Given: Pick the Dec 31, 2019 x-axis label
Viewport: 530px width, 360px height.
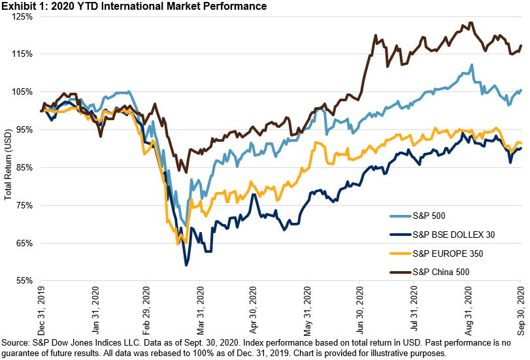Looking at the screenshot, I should coord(41,306).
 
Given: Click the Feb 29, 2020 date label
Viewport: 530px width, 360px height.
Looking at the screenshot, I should coord(147,306).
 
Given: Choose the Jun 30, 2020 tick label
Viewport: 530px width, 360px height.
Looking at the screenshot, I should coord(359,306).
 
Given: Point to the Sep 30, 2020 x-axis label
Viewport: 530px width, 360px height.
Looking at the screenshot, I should coord(520,306).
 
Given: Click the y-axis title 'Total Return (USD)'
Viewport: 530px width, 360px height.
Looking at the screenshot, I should coord(8,163).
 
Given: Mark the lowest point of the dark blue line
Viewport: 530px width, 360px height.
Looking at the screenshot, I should coord(186,265).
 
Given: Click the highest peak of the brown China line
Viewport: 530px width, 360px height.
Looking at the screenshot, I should coord(469,24).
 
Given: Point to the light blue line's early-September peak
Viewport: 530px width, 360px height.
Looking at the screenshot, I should coord(471,65).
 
